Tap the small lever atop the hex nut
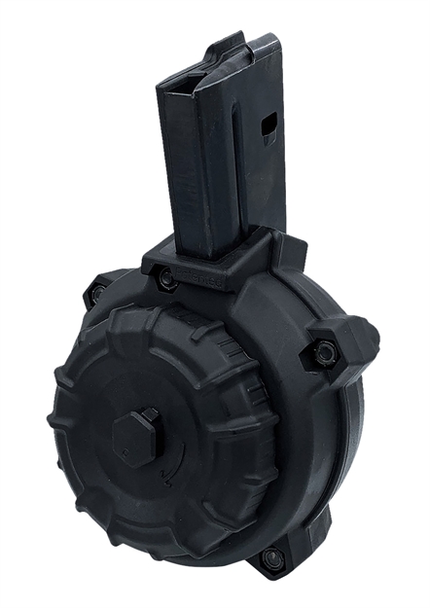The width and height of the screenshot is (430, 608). [152, 415]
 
